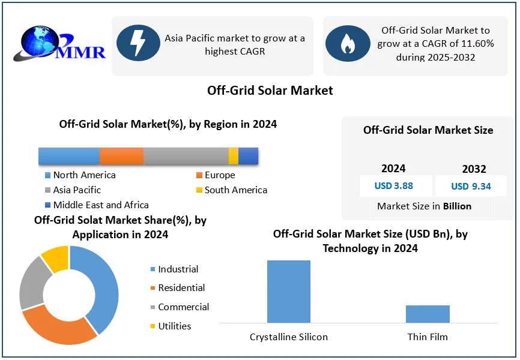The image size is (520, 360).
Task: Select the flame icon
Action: [347, 44]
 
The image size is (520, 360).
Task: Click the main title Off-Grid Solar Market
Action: [270, 91]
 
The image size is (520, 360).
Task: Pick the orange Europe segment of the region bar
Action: [121, 156]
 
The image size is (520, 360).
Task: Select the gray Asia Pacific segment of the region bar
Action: [186, 156]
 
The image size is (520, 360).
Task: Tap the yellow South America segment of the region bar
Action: [234, 156]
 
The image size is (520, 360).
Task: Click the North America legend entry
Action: [80, 175]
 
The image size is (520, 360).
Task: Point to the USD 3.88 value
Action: [393, 186]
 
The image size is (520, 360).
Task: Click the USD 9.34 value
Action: [471, 187]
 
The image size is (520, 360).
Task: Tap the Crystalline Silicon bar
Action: [289, 292]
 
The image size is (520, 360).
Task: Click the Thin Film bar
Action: [428, 314]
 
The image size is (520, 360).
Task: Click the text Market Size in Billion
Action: [424, 206]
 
